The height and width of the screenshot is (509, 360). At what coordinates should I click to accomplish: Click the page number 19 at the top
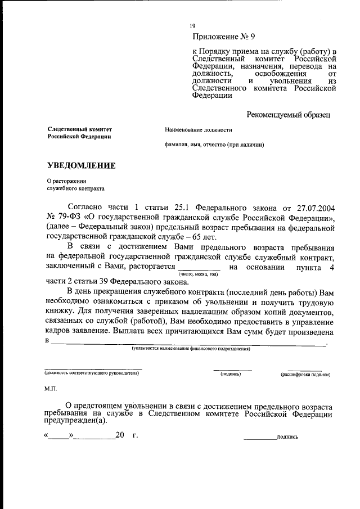pyautogui.click(x=192, y=26)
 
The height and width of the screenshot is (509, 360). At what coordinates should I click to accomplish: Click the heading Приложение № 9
pyautogui.click(x=223, y=38)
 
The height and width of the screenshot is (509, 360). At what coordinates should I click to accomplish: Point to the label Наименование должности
pyautogui.click(x=198, y=130)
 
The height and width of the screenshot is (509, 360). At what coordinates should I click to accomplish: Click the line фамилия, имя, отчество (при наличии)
pyautogui.click(x=214, y=145)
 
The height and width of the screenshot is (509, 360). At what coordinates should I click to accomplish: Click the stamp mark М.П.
pyautogui.click(x=51, y=389)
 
